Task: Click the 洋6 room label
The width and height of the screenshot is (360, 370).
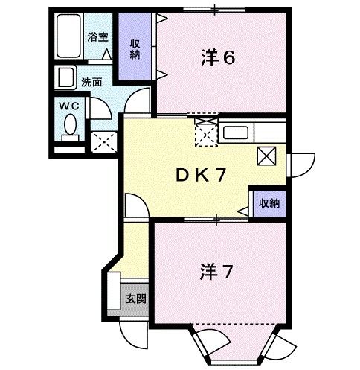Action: pos(219,58)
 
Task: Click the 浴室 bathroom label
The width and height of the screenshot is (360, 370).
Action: pos(97,36)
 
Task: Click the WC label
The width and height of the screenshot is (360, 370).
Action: pos(71,106)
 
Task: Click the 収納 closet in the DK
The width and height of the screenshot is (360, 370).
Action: pos(269,202)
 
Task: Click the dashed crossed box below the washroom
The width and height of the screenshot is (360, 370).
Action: pos(103,140)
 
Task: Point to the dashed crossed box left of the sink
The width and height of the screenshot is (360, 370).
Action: pos(205,133)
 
